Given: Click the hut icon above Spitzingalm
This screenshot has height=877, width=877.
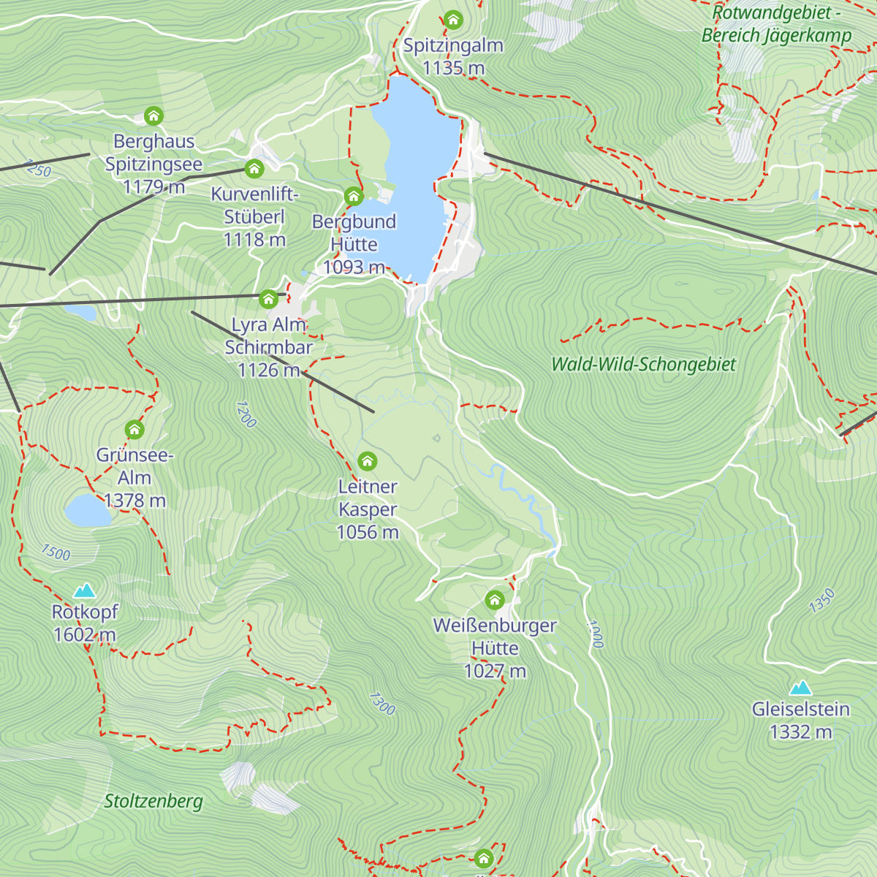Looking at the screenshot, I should click(453, 20).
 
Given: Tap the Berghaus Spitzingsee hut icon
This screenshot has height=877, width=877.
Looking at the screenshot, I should click(153, 115).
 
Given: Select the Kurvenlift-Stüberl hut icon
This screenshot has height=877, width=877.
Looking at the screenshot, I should click(254, 169).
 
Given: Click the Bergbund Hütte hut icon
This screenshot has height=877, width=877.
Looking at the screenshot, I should click(354, 196).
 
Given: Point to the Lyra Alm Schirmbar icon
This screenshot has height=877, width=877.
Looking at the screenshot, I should click(268, 298).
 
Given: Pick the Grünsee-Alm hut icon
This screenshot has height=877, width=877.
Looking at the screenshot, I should click(134, 429).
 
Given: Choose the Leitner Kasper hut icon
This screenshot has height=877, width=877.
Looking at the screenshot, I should click(368, 460).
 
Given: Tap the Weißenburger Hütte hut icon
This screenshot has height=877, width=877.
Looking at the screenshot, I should click(495, 600).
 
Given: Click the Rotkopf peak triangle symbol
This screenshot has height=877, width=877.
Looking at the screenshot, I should click(85, 590).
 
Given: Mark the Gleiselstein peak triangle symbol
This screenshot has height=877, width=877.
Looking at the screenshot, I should click(801, 687).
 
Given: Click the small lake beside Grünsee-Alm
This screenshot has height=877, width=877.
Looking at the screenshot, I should click(87, 510).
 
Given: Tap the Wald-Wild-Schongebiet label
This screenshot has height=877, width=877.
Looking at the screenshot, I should click(643, 364).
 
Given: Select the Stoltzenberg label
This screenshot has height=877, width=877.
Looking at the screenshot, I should click(153, 801).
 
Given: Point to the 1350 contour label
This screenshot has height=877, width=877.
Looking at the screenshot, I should click(821, 601).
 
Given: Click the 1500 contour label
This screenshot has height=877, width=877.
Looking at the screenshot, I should click(55, 553).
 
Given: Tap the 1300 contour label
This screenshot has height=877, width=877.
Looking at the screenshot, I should click(381, 704).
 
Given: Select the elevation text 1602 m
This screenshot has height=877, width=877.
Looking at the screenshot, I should click(85, 634).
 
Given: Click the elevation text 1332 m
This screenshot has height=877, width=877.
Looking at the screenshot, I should click(801, 732).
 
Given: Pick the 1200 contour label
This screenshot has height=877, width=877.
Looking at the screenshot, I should click(246, 414).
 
